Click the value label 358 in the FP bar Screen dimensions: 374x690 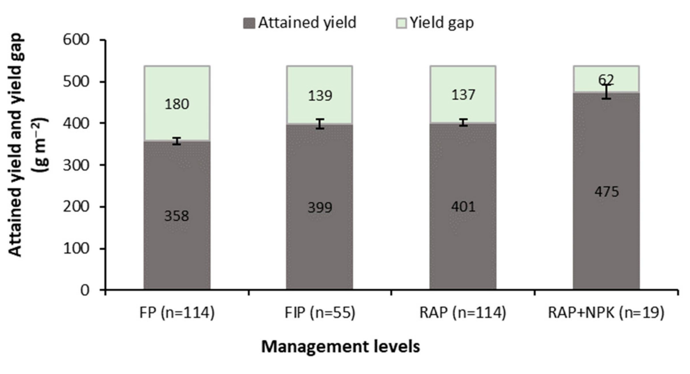177,216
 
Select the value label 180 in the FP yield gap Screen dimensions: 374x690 177,104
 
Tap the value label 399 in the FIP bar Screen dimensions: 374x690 320,207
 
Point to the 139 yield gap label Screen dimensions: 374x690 320,96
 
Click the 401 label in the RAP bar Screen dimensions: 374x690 463,207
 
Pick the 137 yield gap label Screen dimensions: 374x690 463,95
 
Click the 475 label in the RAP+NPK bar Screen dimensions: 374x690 606,192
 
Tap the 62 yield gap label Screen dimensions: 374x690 606,80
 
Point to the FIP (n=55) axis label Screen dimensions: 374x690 320,313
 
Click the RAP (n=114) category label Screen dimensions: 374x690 463,313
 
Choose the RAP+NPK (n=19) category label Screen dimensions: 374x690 606,313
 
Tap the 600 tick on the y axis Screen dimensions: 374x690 76,40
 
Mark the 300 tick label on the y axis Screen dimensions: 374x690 76,165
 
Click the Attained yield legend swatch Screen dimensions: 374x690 249,23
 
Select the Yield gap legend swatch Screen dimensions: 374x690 401,23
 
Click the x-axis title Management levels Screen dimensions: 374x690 340,347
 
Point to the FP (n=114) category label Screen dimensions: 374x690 177,313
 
